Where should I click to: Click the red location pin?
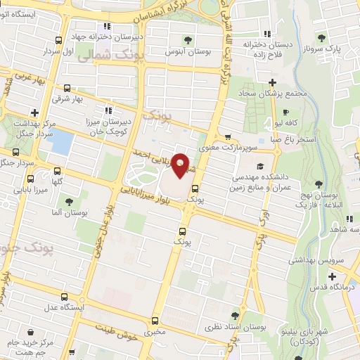(x=181, y=165)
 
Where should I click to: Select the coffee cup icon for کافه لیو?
(x=285, y=112)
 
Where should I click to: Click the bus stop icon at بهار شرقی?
(x=67, y=89)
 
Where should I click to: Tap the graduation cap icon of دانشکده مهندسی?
(x=261, y=167)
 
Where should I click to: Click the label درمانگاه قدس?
(x=332, y=288)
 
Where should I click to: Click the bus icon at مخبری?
(x=154, y=319)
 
